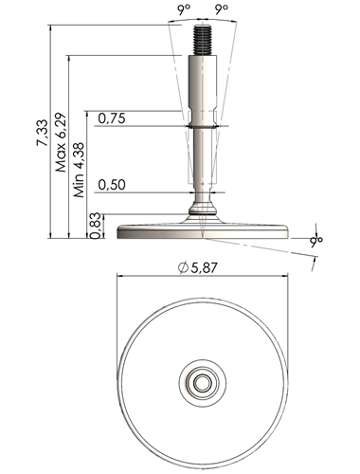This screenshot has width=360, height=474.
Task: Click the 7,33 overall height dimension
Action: point(42,133)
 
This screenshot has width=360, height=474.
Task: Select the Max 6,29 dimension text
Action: point(61,142)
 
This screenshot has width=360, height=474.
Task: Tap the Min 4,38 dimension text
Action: point(79,170)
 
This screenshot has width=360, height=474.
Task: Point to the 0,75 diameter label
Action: point(112,118)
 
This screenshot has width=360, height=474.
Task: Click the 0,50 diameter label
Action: point(112,185)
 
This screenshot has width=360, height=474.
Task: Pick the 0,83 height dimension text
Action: point(96,226)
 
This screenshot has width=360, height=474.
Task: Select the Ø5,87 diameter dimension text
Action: point(198,268)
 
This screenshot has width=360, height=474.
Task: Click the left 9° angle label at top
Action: point(184,9)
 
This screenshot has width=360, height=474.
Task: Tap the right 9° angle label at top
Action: point(222,9)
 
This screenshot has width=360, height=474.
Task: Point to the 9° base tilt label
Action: point(315,241)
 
